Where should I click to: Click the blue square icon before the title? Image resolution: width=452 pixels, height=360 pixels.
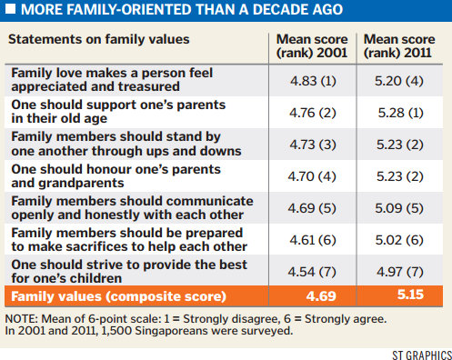point(10,11)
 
